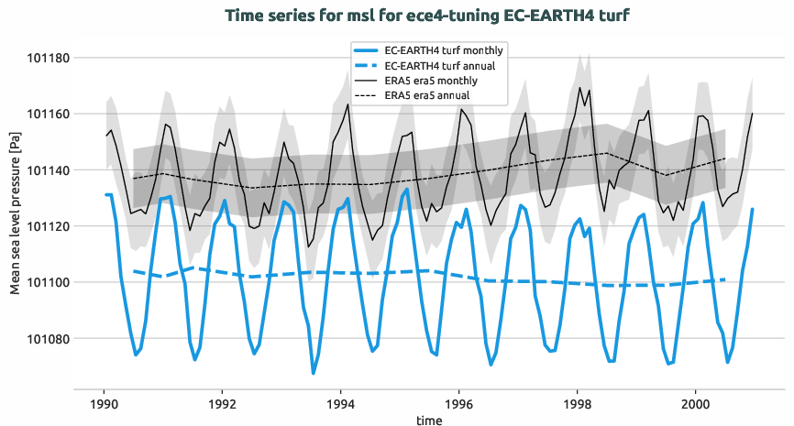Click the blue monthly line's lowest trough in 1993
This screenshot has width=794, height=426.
click(x=313, y=373)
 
